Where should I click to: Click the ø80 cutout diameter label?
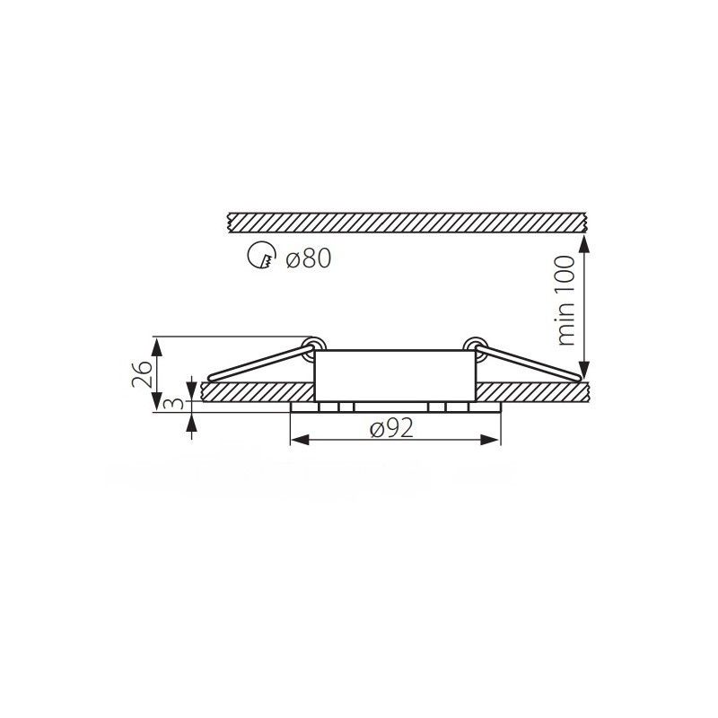point(308,258)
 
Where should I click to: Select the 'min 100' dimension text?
point(566,301)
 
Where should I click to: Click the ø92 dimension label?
point(392,428)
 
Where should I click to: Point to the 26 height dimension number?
point(142,373)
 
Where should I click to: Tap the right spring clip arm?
point(529,363)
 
